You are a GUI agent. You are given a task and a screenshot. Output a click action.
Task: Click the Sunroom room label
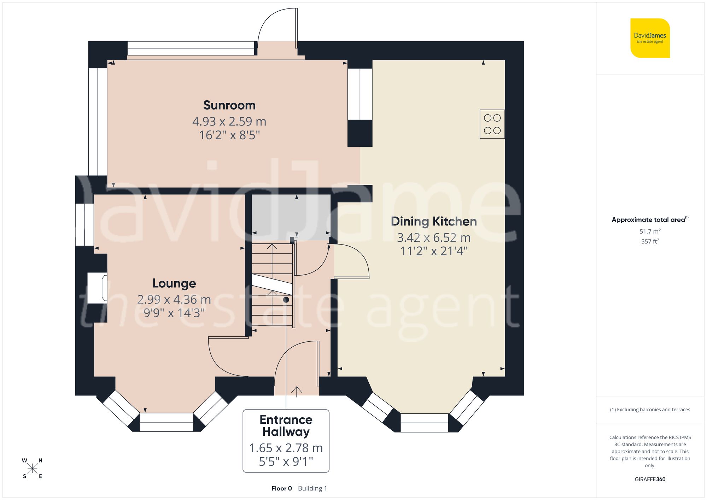[x=229, y=105]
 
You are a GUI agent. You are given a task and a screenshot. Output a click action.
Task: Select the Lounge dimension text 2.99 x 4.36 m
[x=174, y=300]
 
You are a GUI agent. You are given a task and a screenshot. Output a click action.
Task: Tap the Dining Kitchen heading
[x=434, y=222]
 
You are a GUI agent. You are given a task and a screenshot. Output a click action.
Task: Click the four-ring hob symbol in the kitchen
[x=492, y=124]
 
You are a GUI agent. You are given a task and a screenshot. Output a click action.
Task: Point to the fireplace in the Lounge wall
[x=97, y=288]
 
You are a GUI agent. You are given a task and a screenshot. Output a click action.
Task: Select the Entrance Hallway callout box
[x=286, y=440]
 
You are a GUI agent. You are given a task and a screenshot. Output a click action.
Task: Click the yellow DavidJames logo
[x=650, y=38]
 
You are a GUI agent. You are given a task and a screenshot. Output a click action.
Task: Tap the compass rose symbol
[x=32, y=469]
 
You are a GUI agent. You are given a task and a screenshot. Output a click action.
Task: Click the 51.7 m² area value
[x=650, y=231]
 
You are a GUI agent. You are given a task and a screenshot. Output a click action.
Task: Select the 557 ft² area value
[x=650, y=241]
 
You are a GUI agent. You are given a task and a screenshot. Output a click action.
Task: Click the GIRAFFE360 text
[x=650, y=479]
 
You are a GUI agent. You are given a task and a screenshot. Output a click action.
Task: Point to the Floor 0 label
[x=281, y=488]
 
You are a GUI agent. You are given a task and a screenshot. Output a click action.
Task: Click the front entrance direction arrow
[x=296, y=391]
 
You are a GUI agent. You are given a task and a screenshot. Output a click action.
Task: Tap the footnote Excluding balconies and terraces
[x=650, y=410]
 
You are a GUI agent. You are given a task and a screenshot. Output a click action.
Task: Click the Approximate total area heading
[x=650, y=220]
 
